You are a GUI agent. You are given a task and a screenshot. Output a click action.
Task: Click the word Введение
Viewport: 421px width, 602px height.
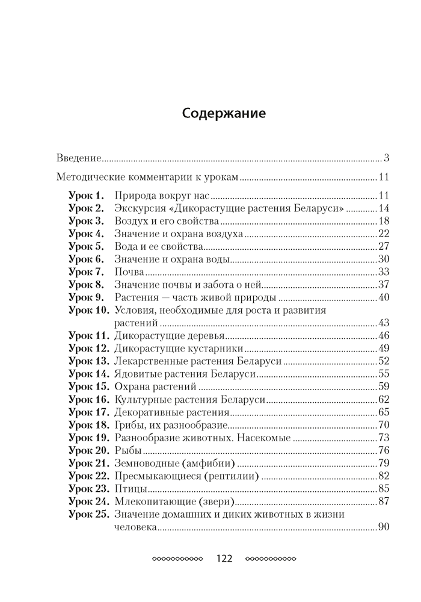click(77, 159)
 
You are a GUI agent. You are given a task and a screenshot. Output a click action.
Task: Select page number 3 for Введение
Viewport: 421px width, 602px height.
click(387, 159)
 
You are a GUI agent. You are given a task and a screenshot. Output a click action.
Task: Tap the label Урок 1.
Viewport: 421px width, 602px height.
click(87, 196)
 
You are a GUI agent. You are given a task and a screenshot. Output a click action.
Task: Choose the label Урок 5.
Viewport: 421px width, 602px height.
click(87, 246)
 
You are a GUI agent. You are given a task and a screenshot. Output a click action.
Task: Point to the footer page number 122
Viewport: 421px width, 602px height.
click(224, 558)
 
